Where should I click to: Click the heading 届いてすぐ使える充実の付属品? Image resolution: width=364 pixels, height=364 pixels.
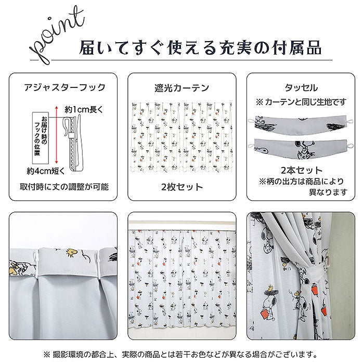click(x=200, y=48)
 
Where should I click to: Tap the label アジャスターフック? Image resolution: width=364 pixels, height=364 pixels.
click(x=65, y=87)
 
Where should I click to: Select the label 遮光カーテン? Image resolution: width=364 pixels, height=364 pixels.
click(x=182, y=88)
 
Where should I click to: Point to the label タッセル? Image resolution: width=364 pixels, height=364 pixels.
click(x=301, y=88)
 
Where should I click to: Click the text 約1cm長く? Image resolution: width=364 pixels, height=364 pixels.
click(x=84, y=109)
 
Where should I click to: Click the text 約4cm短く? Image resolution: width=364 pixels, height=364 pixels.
click(x=46, y=171)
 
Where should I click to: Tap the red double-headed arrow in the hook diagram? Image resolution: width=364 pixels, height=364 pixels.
click(x=56, y=135)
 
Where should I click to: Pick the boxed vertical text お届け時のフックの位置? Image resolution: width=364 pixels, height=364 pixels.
click(x=41, y=138)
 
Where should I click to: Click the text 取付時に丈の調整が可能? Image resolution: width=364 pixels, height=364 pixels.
click(x=64, y=187)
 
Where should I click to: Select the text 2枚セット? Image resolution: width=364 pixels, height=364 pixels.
click(x=182, y=187)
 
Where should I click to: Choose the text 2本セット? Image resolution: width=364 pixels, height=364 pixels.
click(x=301, y=171)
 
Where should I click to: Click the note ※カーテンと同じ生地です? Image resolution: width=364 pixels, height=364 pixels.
click(x=301, y=102)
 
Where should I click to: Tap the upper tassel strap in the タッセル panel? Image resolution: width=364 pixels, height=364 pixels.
click(x=301, y=125)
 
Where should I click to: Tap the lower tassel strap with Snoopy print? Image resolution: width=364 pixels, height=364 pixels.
click(x=301, y=149)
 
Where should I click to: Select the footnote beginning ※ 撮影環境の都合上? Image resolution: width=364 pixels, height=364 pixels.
click(x=180, y=354)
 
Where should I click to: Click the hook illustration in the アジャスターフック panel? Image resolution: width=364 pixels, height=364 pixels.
click(x=73, y=144)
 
